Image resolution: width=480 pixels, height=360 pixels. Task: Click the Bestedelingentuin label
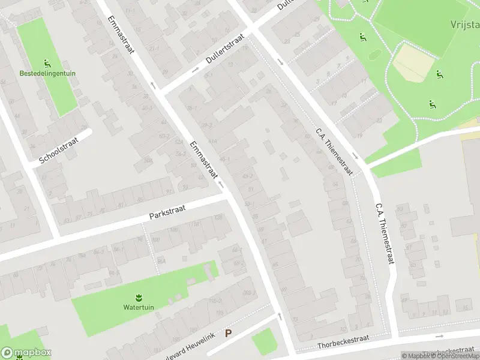[x=47, y=73]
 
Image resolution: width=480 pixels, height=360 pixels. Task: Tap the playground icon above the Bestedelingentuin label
[x=47, y=63]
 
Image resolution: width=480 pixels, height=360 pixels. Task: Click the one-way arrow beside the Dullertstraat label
[x=196, y=70]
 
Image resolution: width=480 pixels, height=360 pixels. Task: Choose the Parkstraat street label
[x=167, y=212]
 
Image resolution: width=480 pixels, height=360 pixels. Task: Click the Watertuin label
[x=139, y=307]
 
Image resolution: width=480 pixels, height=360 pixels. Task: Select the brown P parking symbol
[x=228, y=333]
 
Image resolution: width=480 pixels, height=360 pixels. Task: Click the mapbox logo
[x=26, y=353]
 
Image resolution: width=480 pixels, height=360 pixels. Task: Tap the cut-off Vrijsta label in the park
[x=465, y=25]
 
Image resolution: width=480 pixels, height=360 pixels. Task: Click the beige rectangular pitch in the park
[x=411, y=62]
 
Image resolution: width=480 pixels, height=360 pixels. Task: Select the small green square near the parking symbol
[x=263, y=341]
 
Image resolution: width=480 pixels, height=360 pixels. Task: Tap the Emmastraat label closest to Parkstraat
[x=203, y=160]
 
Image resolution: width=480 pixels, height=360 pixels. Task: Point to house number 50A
[x=148, y=160]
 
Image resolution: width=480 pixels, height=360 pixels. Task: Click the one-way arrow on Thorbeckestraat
[x=439, y=337]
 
